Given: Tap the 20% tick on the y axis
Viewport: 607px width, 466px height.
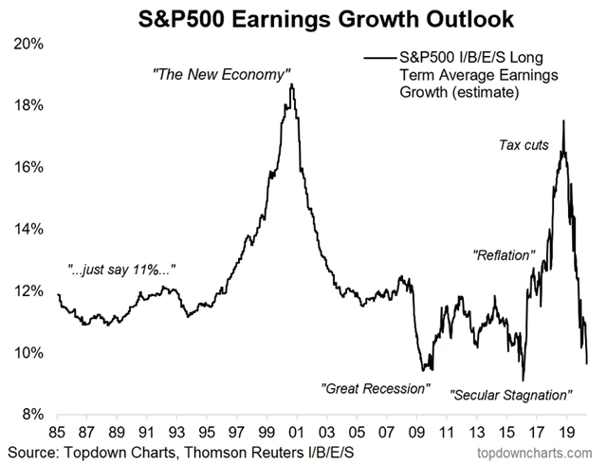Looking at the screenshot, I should coord(30,44).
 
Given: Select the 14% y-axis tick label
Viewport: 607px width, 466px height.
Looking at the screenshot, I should coord(30,229).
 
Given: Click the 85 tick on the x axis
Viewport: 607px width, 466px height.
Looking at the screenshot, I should coord(58,428).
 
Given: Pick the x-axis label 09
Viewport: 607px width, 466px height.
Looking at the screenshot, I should coord(415,428).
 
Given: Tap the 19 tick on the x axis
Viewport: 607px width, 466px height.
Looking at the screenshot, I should coord(565,428).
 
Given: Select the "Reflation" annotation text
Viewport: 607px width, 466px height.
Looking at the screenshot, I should coord(506,255).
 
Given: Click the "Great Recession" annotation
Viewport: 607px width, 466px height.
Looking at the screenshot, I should coord(376,389).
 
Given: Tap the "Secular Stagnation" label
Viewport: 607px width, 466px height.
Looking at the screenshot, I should coord(512,394).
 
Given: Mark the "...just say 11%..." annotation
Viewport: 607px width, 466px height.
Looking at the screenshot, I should coord(120,270).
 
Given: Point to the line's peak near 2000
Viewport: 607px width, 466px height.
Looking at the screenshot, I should coord(292,84).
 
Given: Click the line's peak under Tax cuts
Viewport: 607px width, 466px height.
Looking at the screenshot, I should coord(564,121).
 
